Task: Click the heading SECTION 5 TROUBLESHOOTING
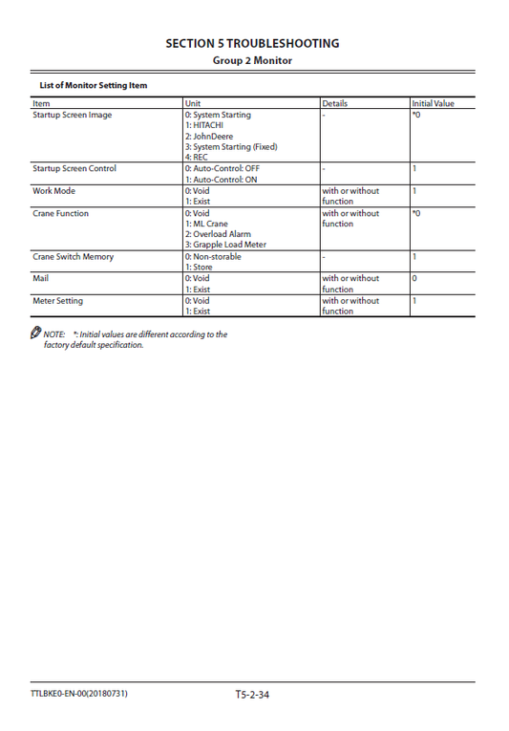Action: coord(252,43)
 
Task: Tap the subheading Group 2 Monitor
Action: coord(252,61)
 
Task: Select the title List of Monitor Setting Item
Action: coord(94,85)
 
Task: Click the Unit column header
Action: coord(193,103)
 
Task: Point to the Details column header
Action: coord(335,103)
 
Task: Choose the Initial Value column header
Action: coord(433,103)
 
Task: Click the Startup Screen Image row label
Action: coord(73,115)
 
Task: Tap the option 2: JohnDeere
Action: coord(210,137)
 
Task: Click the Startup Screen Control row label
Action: coord(74,169)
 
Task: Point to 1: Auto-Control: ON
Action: coord(222,180)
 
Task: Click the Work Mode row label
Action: coord(53,191)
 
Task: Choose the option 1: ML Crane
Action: coord(206,224)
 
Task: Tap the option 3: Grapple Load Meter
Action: coord(225,245)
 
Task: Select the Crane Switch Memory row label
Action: coord(74,257)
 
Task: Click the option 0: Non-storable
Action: coord(213,257)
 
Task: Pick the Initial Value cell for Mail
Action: coord(414,279)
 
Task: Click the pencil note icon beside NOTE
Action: coord(36,333)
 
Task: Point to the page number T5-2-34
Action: coord(252,694)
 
